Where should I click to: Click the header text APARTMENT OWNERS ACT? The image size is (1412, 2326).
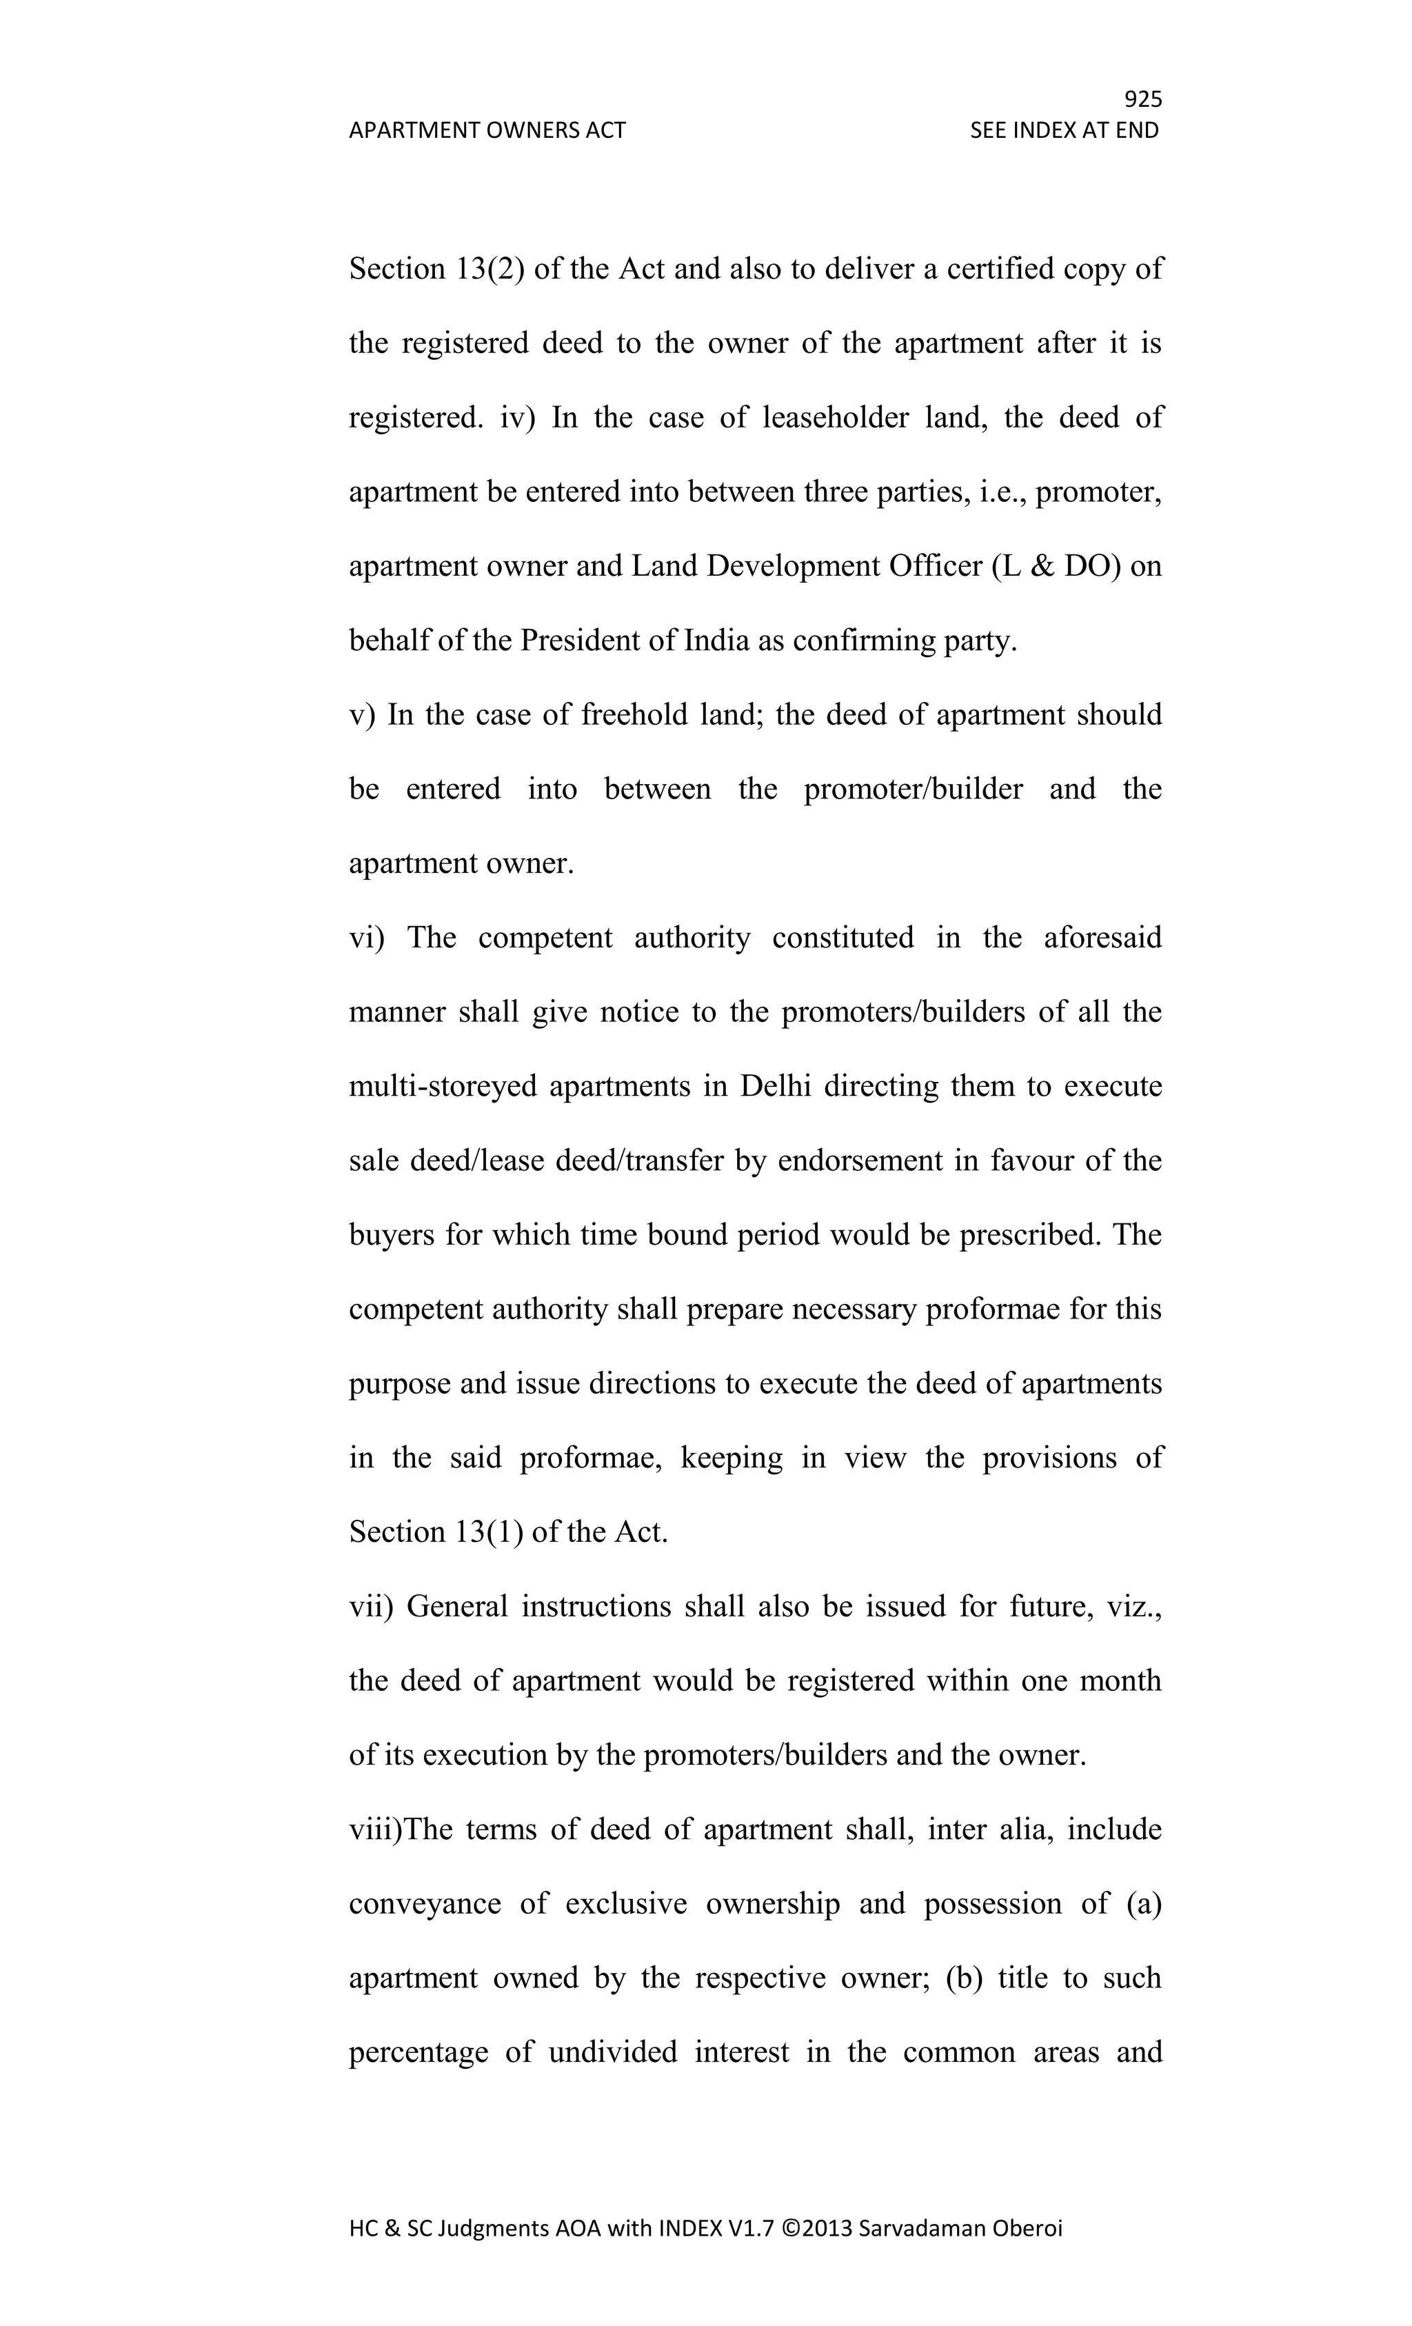pyautogui.click(x=487, y=130)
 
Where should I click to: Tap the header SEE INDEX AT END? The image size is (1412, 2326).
pyautogui.click(x=1064, y=130)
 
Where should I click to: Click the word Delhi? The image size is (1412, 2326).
pyautogui.click(x=775, y=1087)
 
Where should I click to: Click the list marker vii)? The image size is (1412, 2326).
pyautogui.click(x=371, y=1607)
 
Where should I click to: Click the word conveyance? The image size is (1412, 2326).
pyautogui.click(x=425, y=1904)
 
